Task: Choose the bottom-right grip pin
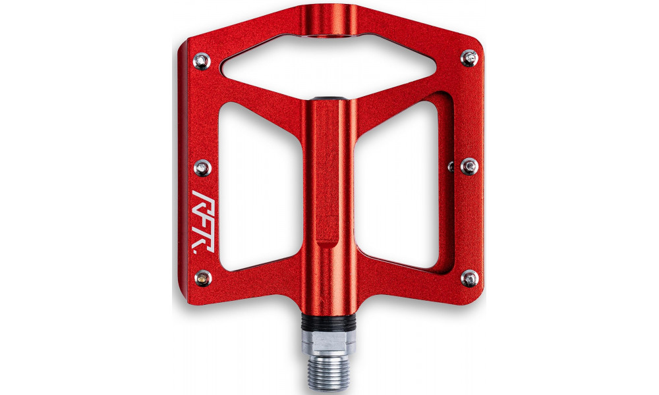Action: tap(469, 278)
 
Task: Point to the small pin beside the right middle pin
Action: tap(450, 163)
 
